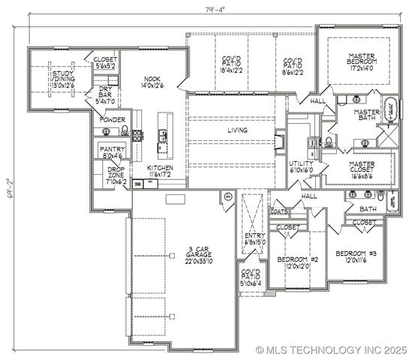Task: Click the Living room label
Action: coord(237,130)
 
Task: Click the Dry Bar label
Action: coord(106,96)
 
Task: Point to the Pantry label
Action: coord(111,152)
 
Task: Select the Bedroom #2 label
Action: coord(298,262)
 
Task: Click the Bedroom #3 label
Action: coord(355,256)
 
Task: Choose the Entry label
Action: coord(255,238)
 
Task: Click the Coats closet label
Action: coord(278,211)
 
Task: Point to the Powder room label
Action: coord(110,118)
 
